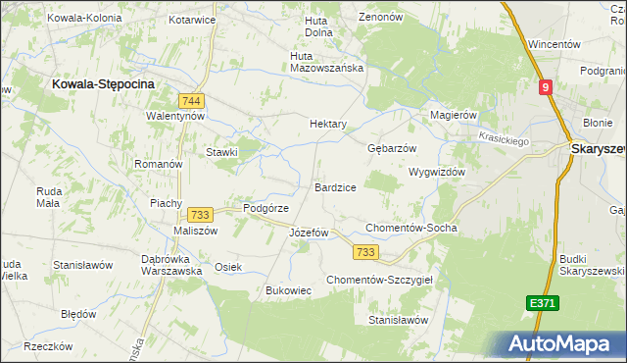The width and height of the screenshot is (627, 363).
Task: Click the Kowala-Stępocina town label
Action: (x=103, y=85)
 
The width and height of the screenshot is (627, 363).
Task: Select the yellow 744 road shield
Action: (x=192, y=101)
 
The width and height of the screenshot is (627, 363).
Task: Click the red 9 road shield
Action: (x=547, y=88)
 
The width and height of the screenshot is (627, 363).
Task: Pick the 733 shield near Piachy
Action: (x=200, y=215)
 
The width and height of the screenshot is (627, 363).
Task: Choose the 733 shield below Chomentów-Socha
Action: (x=365, y=252)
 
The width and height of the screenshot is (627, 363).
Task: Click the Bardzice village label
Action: (x=335, y=187)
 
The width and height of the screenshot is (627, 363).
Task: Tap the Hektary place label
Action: (x=328, y=125)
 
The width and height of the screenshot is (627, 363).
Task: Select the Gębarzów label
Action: (x=392, y=148)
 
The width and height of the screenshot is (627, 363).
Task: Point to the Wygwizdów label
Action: (x=436, y=171)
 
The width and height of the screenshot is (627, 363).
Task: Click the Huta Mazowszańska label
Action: (x=327, y=62)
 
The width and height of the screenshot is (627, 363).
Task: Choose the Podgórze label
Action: (x=265, y=208)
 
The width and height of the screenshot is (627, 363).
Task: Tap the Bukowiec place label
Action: (x=289, y=290)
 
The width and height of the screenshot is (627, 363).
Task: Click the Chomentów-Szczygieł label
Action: (x=386, y=280)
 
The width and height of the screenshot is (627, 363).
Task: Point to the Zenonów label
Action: (x=381, y=17)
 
